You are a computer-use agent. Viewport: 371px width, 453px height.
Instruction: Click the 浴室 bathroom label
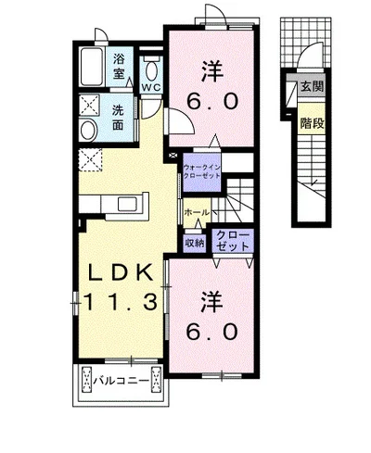click(x=119, y=66)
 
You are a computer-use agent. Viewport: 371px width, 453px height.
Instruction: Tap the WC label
click(x=151, y=87)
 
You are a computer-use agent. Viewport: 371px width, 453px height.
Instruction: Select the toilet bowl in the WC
click(x=151, y=71)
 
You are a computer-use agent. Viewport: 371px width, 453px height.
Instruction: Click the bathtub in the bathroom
click(x=92, y=67)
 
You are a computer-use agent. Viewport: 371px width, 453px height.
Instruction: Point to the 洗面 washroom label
click(x=118, y=118)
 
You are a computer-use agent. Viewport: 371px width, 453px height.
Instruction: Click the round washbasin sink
click(x=88, y=131)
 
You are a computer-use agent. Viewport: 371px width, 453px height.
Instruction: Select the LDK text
click(x=122, y=272)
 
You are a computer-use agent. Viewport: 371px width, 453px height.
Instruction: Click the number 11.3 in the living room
click(x=121, y=302)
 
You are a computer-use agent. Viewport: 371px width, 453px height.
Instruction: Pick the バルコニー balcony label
click(x=122, y=381)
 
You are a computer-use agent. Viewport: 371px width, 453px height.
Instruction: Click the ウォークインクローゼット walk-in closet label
click(x=201, y=171)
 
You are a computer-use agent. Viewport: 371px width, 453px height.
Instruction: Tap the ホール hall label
click(x=197, y=213)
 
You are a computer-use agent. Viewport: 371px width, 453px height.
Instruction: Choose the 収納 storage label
click(x=195, y=244)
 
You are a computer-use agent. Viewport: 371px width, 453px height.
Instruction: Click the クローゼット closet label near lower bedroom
click(x=233, y=241)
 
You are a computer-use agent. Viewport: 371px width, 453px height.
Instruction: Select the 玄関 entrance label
click(x=313, y=87)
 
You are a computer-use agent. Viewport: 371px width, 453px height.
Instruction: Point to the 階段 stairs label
click(x=313, y=123)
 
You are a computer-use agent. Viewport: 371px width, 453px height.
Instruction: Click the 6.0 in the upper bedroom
click(x=212, y=101)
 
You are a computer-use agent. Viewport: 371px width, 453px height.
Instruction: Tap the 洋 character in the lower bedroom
click(x=212, y=302)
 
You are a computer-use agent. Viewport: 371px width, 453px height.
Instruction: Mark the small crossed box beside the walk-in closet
click(x=173, y=155)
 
